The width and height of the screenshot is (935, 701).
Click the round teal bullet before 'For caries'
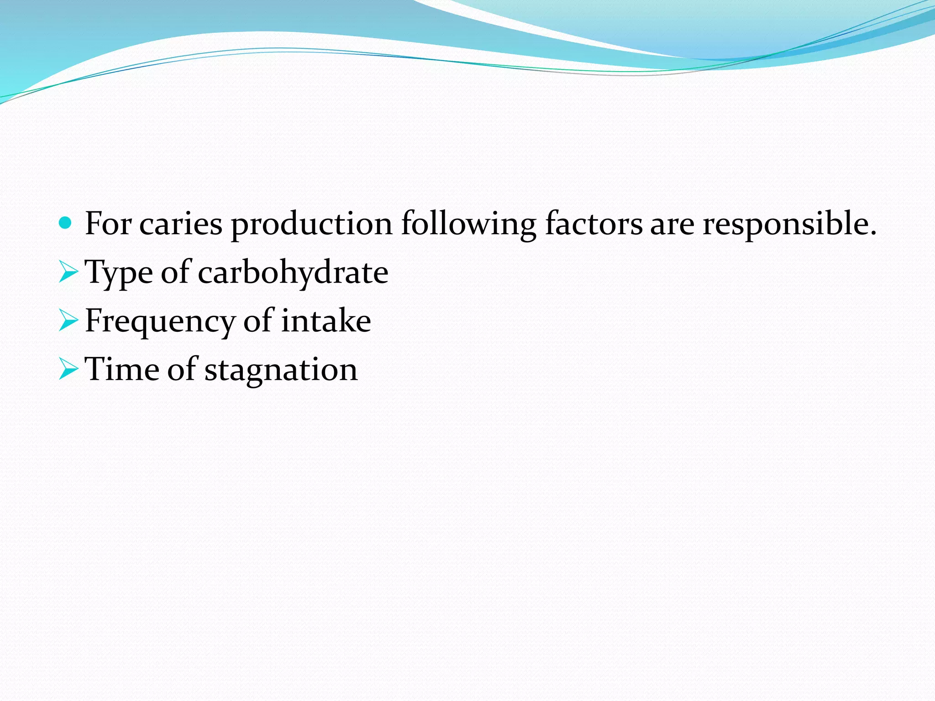click(66, 223)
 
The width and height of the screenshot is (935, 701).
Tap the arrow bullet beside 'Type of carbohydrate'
click(68, 272)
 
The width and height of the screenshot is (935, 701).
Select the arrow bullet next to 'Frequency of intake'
click(68, 321)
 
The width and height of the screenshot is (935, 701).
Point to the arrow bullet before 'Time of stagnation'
click(68, 369)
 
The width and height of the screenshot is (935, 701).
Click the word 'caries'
click(181, 225)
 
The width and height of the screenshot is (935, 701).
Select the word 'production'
click(312, 225)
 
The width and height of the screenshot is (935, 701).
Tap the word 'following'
click(469, 225)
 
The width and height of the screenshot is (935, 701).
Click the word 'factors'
click(594, 225)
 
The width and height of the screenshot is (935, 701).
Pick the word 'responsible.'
click(789, 225)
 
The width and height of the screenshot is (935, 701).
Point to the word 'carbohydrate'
click(293, 273)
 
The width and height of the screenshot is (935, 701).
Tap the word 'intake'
click(326, 321)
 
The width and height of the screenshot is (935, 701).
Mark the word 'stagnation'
click(281, 370)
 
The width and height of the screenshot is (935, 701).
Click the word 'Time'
click(122, 369)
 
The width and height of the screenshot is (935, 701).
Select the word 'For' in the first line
click(108, 224)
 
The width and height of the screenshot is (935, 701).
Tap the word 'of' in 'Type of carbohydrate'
click(175, 273)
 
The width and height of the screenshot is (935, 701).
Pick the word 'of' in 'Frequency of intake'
click(258, 321)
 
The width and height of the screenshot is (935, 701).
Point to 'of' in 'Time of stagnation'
click(182, 369)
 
